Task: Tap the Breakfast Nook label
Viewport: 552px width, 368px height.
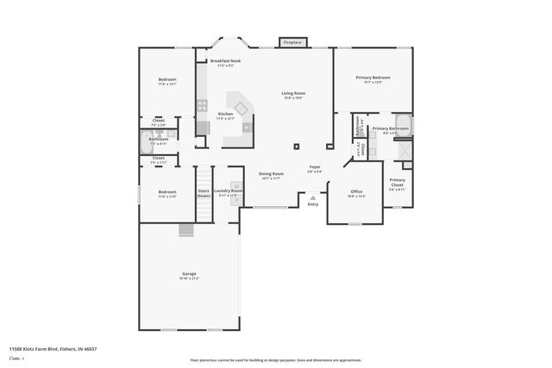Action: pos(225,62)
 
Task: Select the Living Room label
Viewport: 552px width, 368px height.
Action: pos(293,95)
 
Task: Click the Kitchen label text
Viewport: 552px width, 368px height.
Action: pos(225,115)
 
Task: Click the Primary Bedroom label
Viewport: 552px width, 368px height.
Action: pos(373,78)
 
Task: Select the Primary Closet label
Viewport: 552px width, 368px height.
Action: pos(397,184)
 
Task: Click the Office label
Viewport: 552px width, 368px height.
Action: pos(356,193)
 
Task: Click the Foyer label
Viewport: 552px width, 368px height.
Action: pos(316,168)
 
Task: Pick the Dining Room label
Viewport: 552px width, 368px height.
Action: pos(271,175)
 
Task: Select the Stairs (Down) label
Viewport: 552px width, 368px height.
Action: pos(204,193)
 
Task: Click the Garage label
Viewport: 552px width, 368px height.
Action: pos(189,275)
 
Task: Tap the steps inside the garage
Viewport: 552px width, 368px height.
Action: pos(186,229)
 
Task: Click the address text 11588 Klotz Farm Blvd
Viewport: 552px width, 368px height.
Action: pos(53,348)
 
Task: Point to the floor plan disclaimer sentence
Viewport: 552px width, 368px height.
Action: pos(275,360)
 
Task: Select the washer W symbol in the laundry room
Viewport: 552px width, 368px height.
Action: pos(234,184)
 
